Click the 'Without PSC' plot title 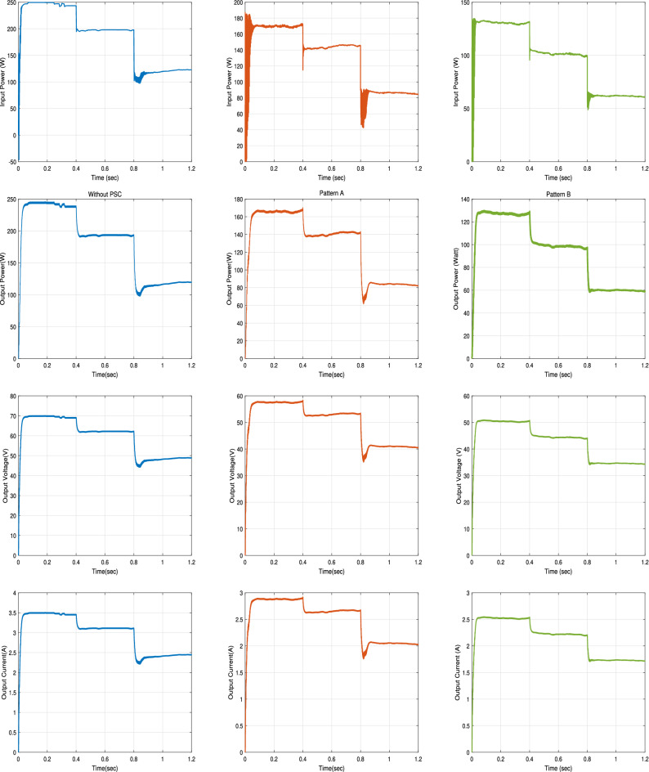click(x=105, y=195)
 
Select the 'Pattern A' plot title click(x=331, y=195)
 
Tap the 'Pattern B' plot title click(x=557, y=195)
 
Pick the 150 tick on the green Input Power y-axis click(x=463, y=3)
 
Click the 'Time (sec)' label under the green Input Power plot click(x=557, y=177)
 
